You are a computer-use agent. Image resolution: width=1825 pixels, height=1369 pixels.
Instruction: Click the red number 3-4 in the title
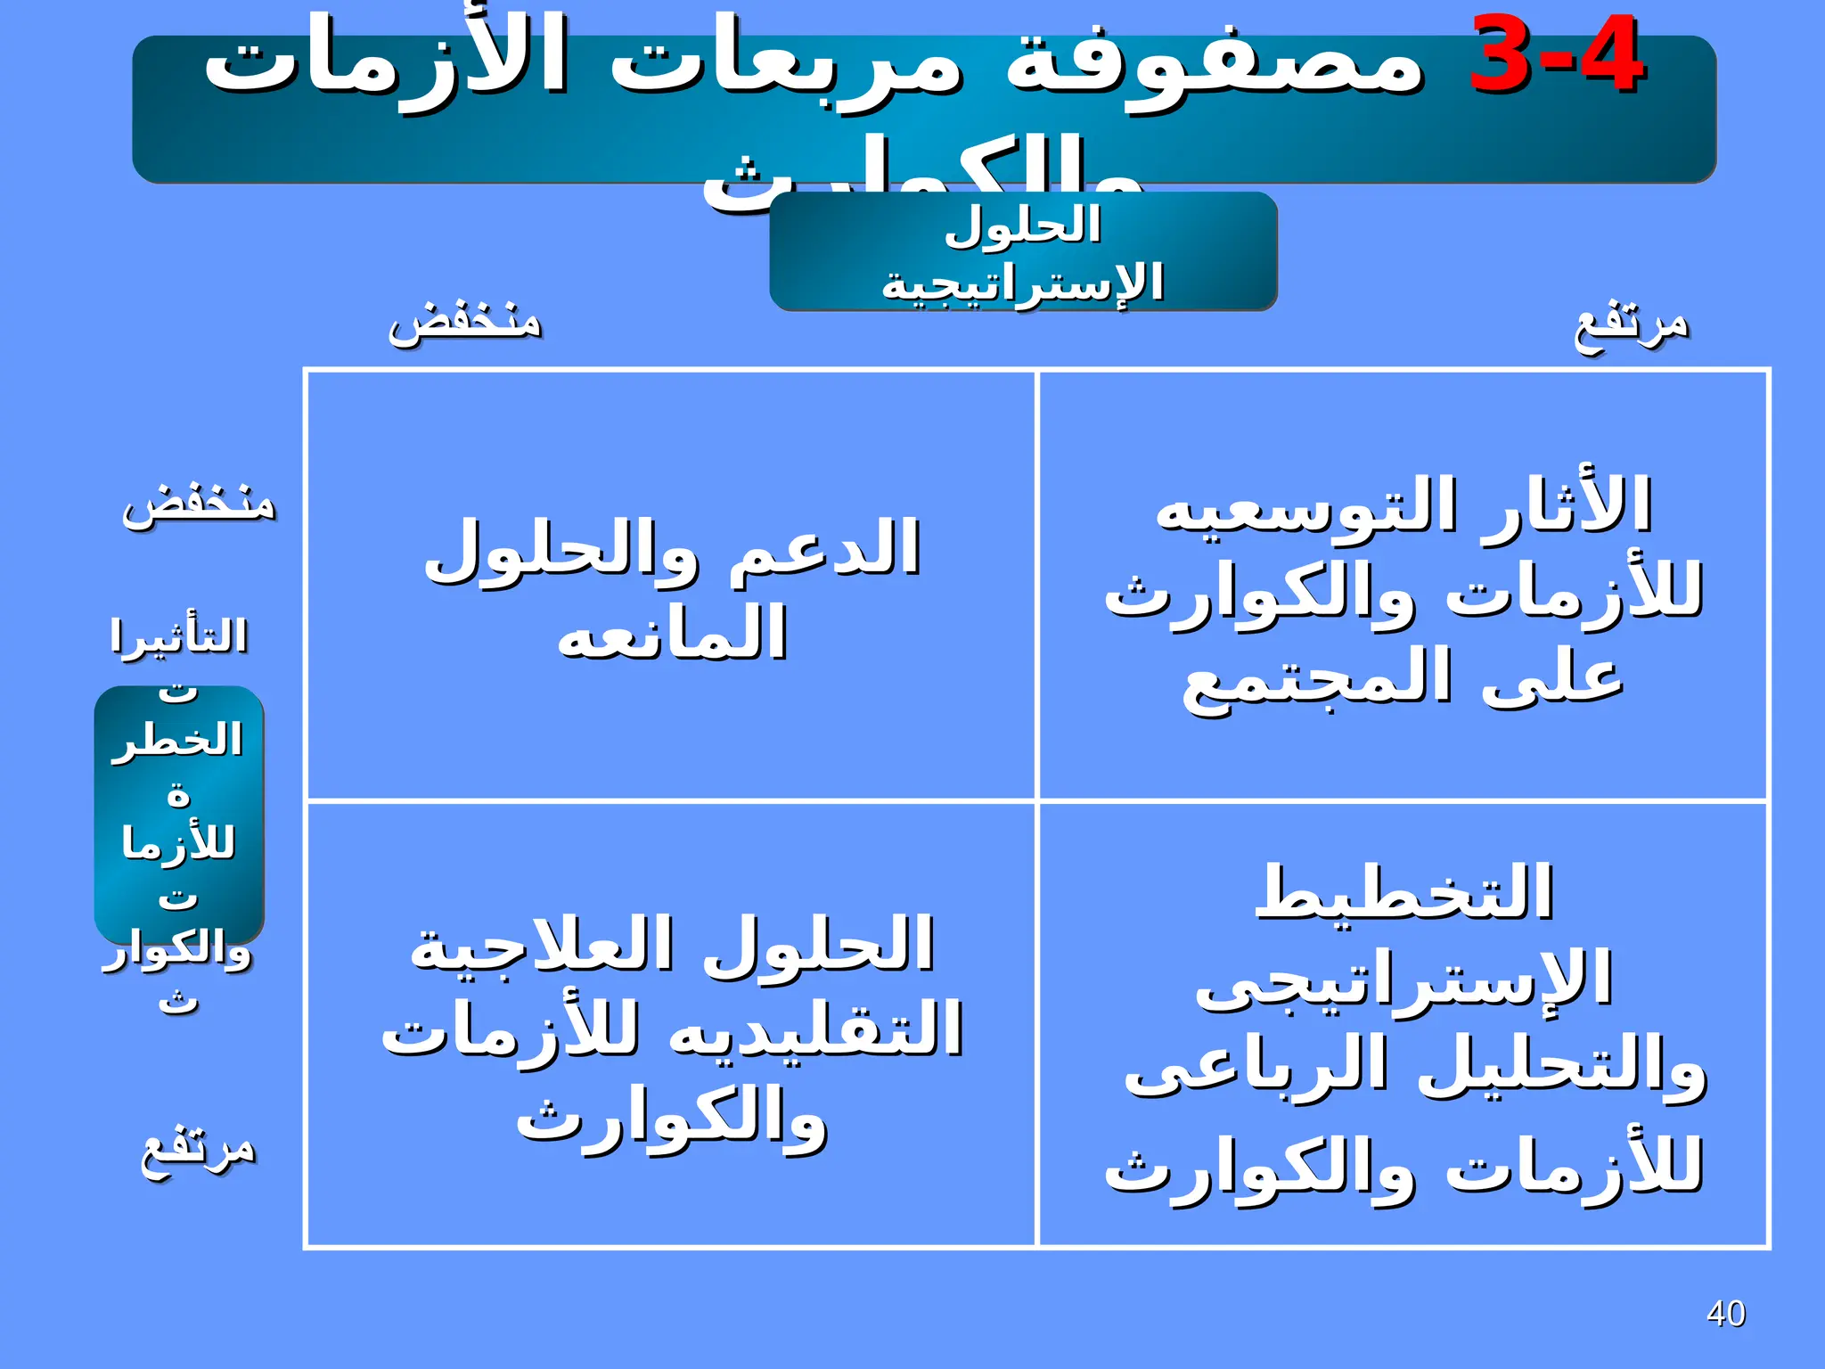click(1555, 55)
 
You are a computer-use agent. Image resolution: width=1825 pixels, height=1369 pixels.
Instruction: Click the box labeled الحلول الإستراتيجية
click(1023, 252)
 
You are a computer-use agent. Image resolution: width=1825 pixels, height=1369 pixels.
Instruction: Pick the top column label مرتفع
click(1631, 326)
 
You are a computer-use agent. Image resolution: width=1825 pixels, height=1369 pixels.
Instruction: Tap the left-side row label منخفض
click(199, 504)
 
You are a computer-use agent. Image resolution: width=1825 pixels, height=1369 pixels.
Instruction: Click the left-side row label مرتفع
click(199, 1150)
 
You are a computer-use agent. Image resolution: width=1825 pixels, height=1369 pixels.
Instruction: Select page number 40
click(1725, 1314)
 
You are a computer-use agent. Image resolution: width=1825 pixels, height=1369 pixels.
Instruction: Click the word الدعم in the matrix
click(824, 548)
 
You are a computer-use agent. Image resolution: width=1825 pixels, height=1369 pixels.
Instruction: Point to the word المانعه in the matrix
click(672, 632)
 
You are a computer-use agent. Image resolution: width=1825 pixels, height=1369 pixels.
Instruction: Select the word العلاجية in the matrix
click(540, 945)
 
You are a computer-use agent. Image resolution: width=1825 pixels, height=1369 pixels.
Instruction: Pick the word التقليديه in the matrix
click(815, 1029)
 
